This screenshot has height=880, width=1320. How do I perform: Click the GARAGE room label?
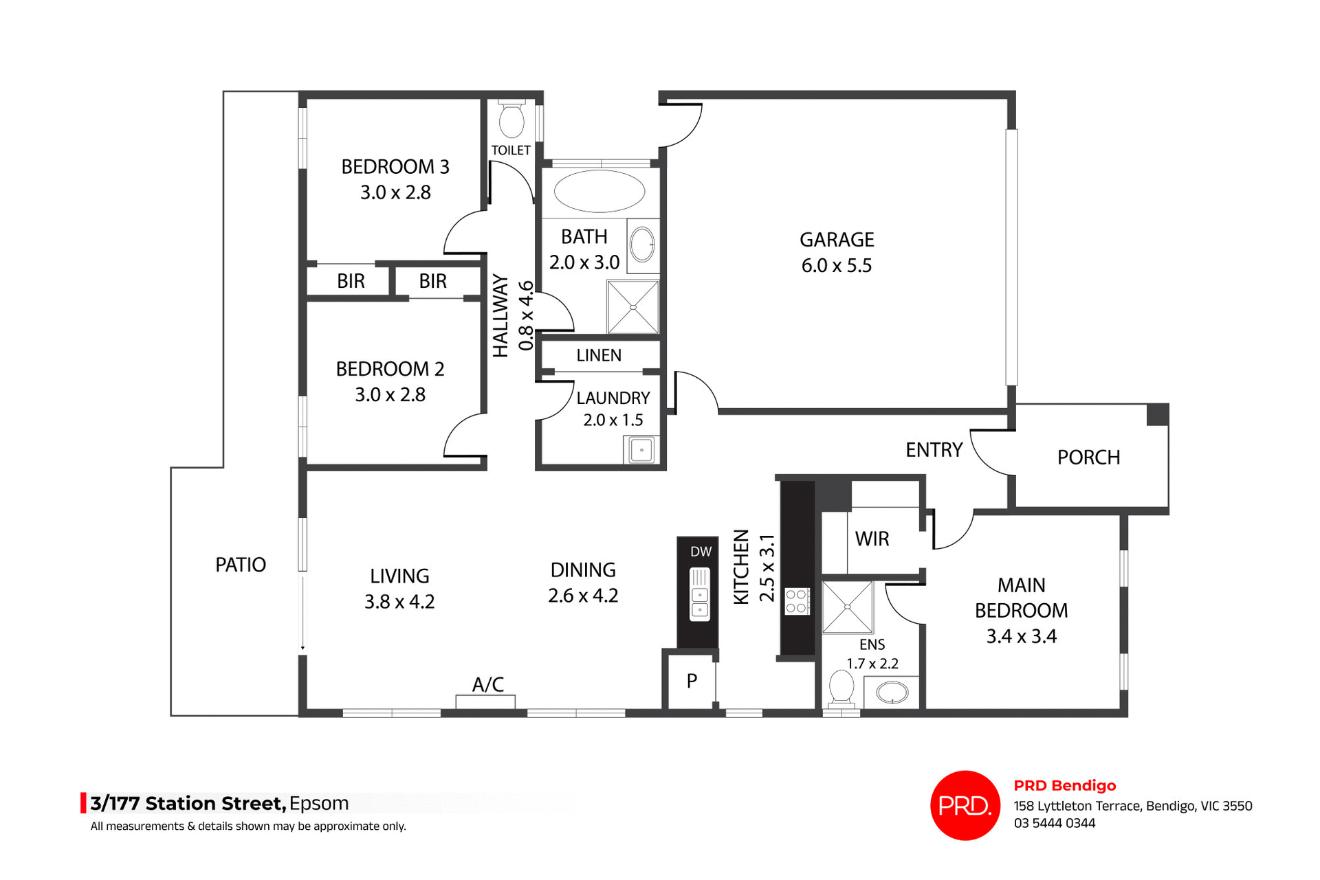(x=836, y=240)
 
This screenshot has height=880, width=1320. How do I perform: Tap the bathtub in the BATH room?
(x=599, y=191)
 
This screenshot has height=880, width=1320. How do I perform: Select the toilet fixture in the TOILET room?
(x=511, y=121)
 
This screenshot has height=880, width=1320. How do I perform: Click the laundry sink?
(x=641, y=451)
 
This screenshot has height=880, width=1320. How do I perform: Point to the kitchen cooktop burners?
(x=797, y=601)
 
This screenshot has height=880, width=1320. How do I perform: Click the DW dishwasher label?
(x=701, y=552)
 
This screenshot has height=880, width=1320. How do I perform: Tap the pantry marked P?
(x=692, y=681)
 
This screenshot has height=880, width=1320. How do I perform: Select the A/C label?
(x=488, y=684)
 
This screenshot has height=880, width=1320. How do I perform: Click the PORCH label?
(x=1088, y=458)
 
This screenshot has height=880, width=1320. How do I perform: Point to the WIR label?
(x=872, y=539)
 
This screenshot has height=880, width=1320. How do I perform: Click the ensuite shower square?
(x=847, y=607)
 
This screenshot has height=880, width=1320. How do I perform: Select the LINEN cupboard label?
(x=599, y=355)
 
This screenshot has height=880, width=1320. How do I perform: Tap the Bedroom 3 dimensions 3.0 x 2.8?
(x=395, y=193)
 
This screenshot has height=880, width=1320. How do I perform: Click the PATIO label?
(x=241, y=565)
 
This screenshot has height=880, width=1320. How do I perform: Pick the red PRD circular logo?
(x=965, y=805)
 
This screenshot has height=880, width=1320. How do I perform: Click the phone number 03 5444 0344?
(x=1054, y=823)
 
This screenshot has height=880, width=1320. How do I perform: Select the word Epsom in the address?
(x=319, y=803)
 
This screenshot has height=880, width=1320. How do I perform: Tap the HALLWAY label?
(x=500, y=316)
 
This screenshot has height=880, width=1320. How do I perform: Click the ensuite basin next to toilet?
(x=891, y=692)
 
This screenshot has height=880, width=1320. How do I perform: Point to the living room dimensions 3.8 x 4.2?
(x=399, y=602)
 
